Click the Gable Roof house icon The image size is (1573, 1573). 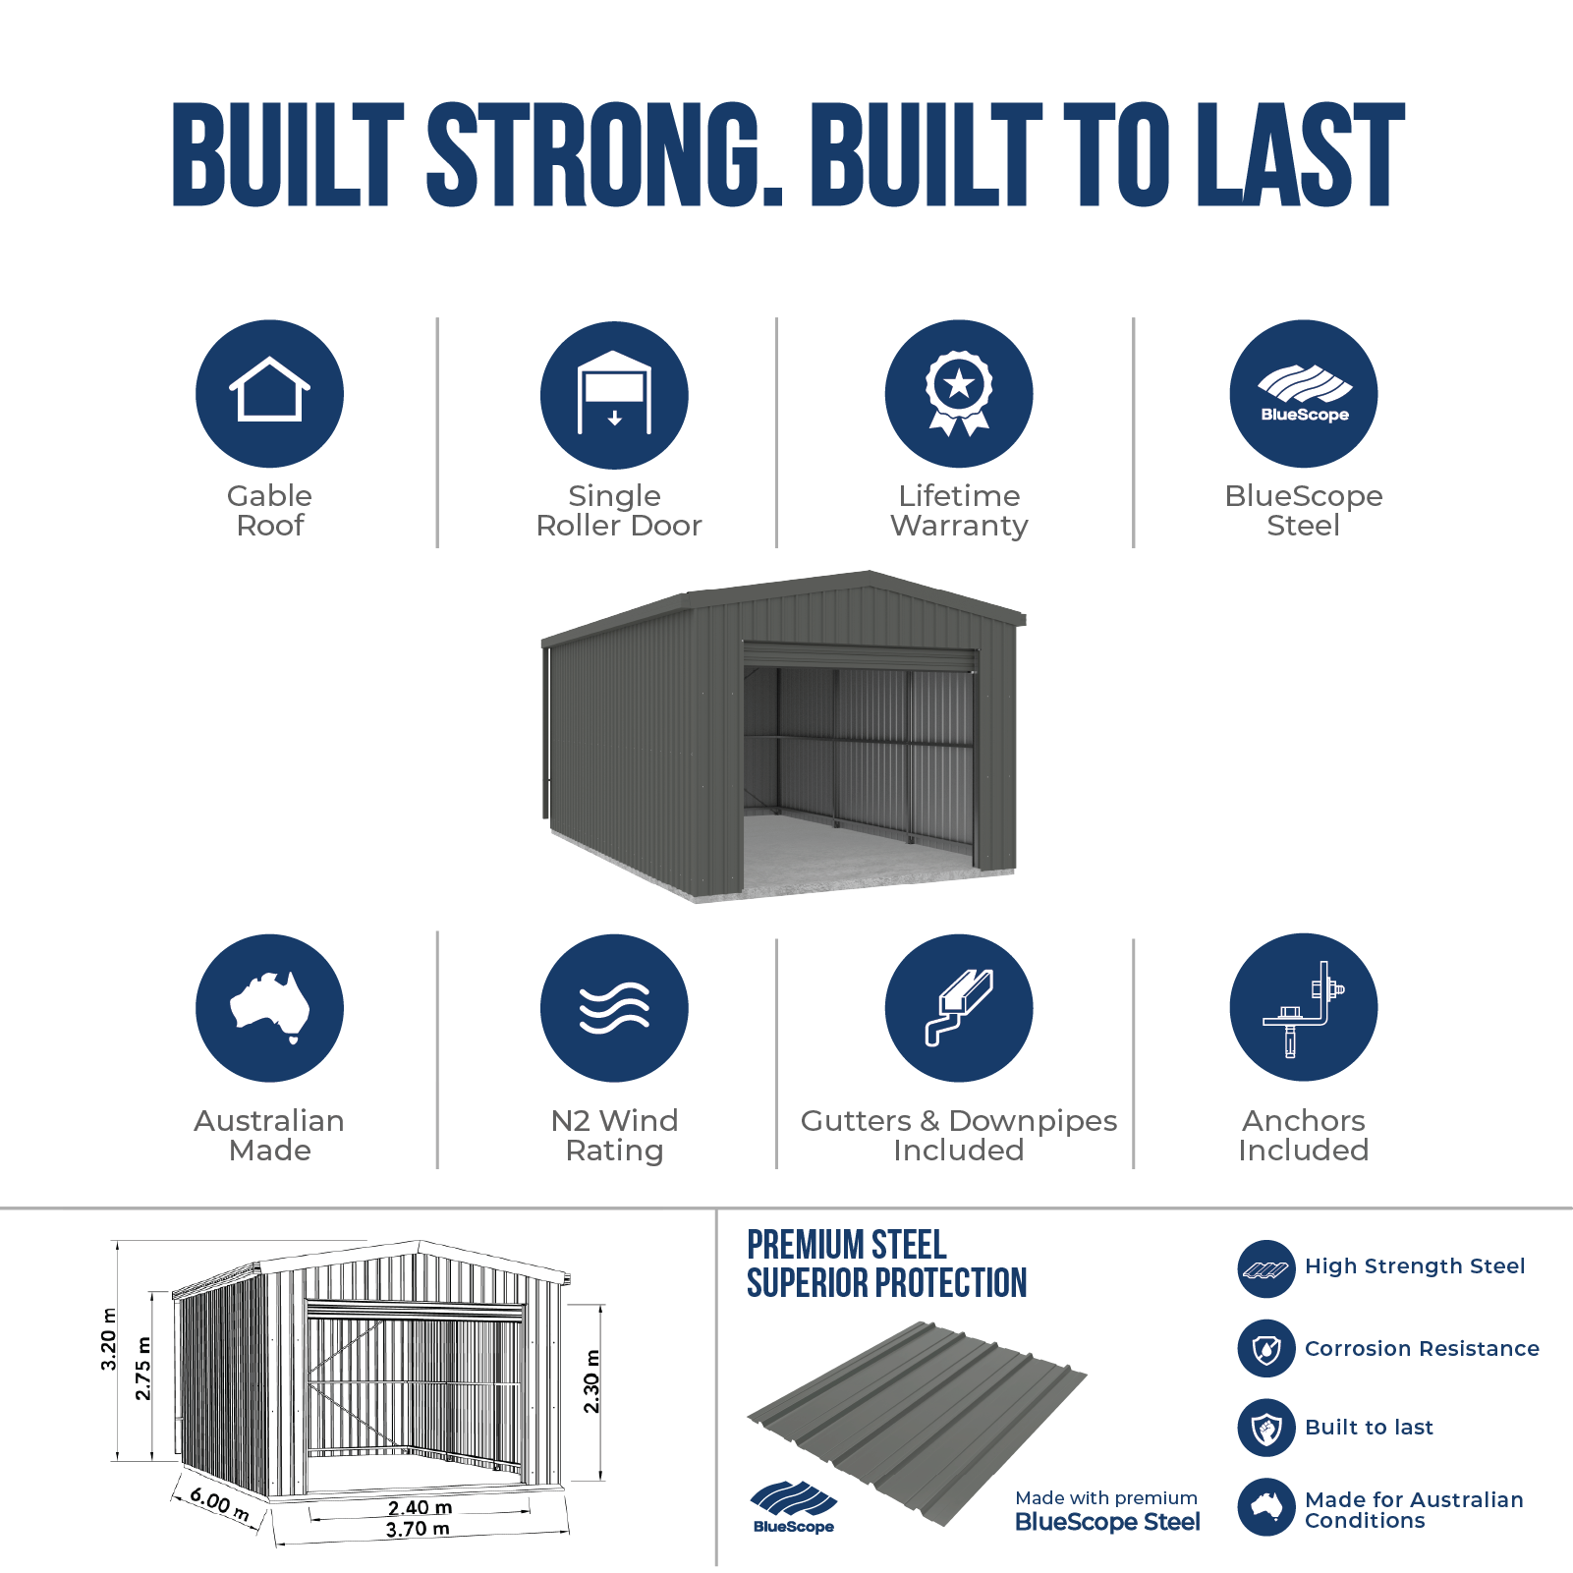coord(269,393)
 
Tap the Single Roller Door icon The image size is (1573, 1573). coord(614,394)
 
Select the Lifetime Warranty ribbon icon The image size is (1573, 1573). coord(959,393)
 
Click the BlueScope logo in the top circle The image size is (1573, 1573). coord(1304,393)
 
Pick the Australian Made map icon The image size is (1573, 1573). coord(269,1008)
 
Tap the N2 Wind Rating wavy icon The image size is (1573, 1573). coord(614,1008)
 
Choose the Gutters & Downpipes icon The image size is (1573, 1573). coord(959,1008)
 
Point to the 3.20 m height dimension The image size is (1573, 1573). coord(108,1339)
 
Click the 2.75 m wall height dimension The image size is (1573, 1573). coord(143,1368)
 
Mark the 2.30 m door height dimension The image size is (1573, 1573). coord(591,1381)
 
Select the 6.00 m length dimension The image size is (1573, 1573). coord(220,1504)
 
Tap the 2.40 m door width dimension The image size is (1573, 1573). coord(420,1508)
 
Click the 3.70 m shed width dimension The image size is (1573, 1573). coord(418,1530)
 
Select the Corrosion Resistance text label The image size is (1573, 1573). coord(1422,1349)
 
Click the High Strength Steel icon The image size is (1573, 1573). coord(1266,1269)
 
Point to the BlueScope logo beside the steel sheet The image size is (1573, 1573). coord(793,1507)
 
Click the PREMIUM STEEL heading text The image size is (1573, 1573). coord(847,1245)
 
